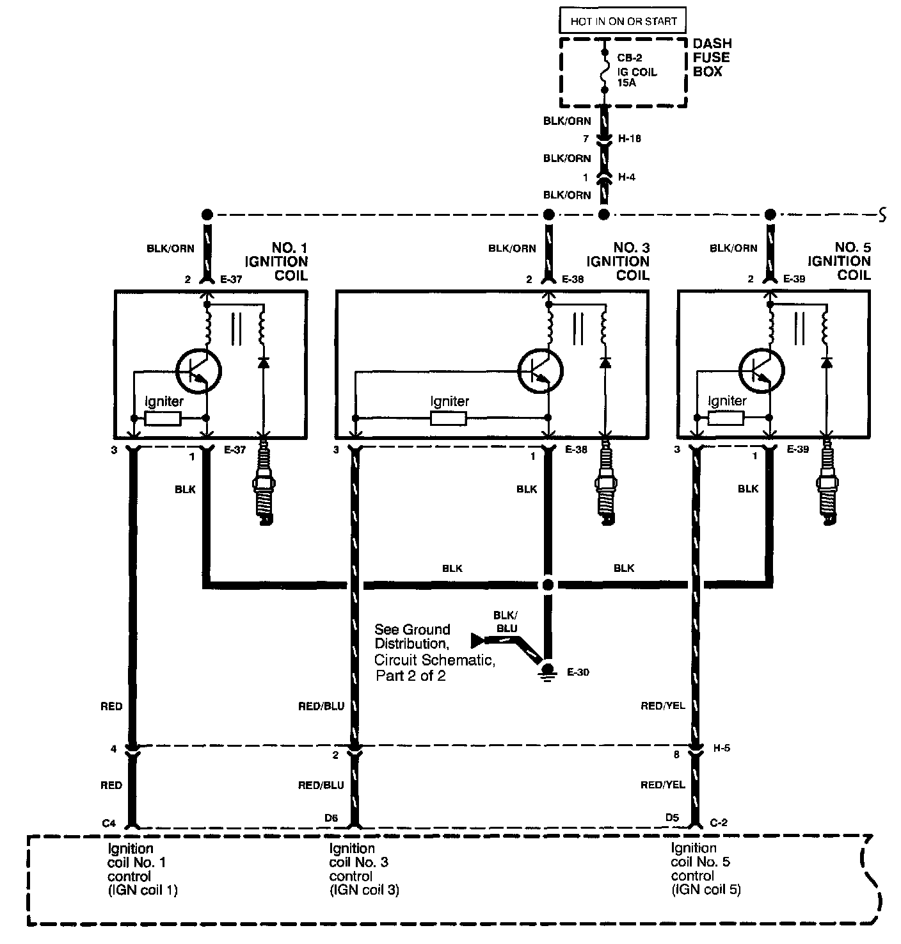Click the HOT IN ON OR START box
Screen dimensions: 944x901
623,21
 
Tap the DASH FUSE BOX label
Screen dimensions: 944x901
712,58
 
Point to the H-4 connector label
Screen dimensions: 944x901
626,177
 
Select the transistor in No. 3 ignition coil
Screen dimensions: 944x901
540,370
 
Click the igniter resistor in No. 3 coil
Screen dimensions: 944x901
449,419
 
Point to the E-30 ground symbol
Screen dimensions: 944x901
547,669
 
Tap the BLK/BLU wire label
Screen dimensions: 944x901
506,621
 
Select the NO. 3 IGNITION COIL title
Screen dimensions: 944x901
618,261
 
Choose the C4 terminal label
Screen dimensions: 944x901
109,823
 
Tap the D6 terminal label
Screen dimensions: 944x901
331,818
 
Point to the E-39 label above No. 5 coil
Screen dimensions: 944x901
795,279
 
